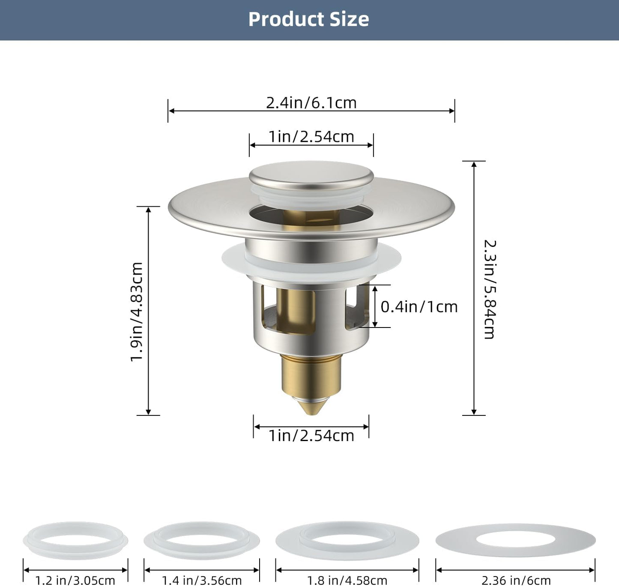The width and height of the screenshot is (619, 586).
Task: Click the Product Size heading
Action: coord(308,19)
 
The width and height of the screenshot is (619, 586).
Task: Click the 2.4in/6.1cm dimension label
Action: coord(311,103)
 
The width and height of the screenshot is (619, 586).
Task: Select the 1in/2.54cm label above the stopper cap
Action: coord(311,137)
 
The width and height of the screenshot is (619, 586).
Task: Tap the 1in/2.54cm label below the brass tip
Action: coord(311,436)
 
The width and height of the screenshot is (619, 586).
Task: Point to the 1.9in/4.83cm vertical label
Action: coord(137,312)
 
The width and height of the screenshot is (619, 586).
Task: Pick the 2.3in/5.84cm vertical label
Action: coord(490,289)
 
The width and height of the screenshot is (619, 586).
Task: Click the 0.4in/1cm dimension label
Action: coord(419,307)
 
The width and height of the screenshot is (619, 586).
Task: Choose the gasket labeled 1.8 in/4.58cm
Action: coord(347,541)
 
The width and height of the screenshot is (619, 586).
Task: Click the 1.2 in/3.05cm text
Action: coord(75,580)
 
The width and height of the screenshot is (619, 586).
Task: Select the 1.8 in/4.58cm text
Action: coord(347,580)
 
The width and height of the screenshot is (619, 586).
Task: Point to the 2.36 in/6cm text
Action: coord(516,580)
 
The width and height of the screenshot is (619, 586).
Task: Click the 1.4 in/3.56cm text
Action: coord(201,580)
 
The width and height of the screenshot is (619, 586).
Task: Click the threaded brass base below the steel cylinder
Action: coord(311,373)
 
